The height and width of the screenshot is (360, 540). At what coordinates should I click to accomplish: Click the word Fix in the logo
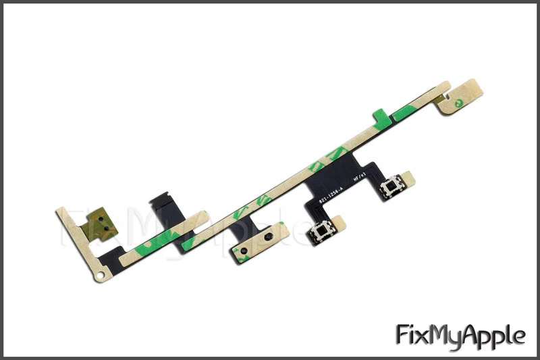click(x=414, y=335)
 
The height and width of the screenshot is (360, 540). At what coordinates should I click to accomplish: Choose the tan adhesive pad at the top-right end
click(x=463, y=99)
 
